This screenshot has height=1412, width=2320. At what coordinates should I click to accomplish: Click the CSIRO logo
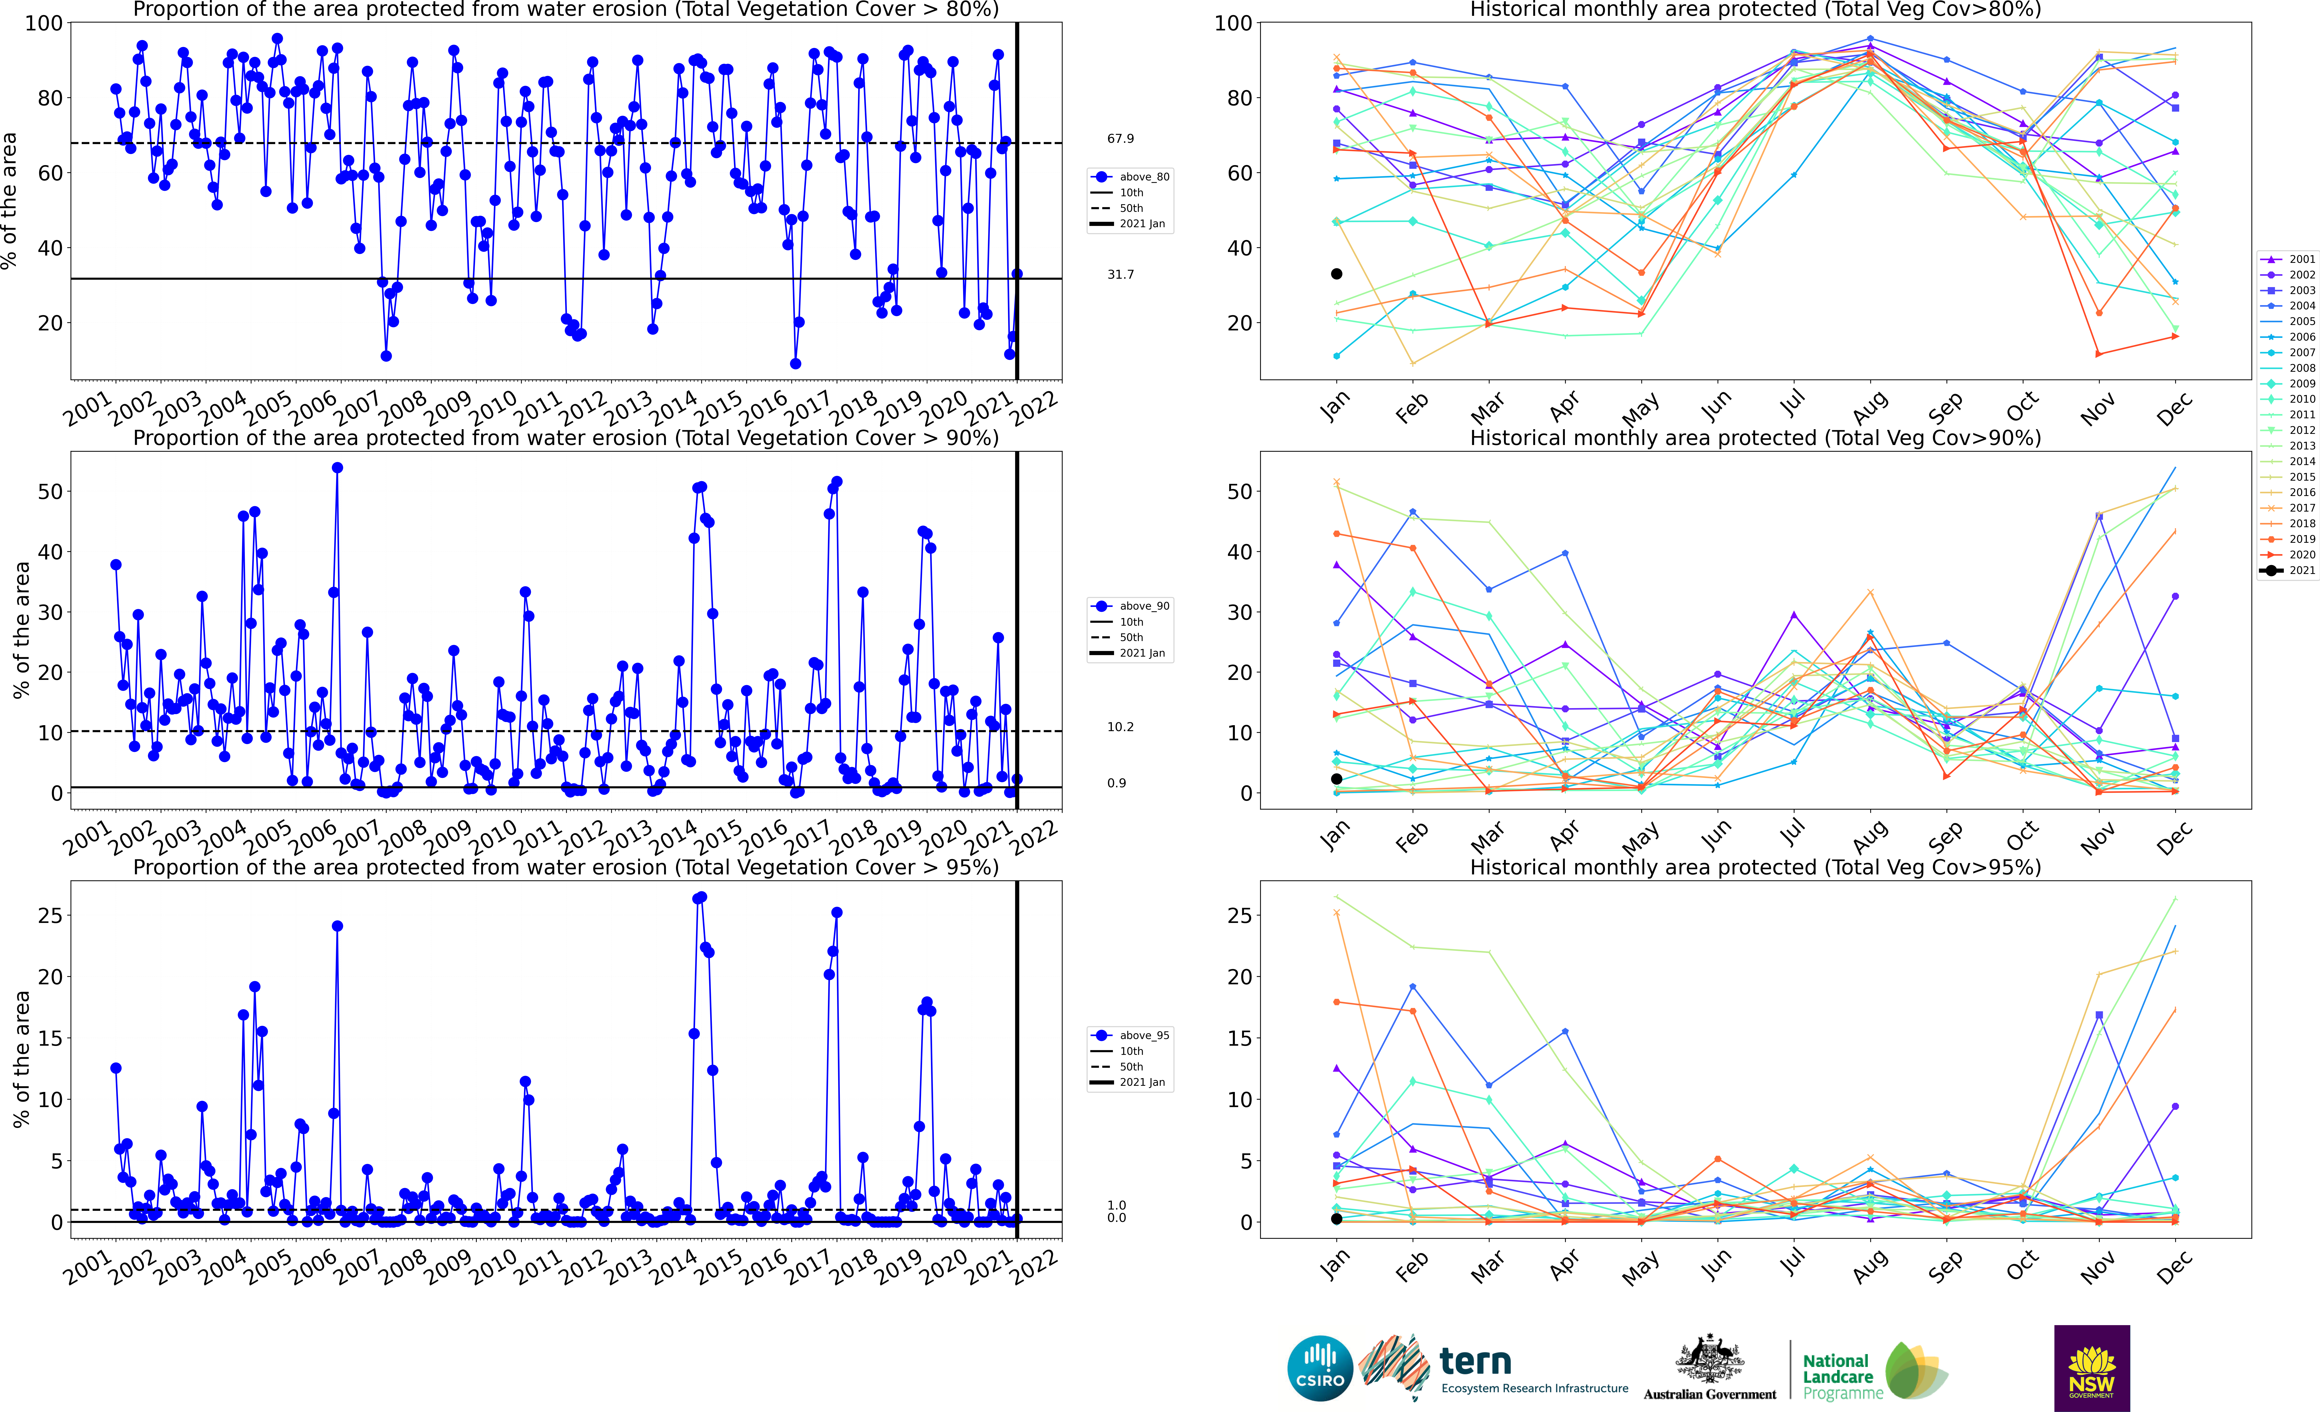tap(1320, 1368)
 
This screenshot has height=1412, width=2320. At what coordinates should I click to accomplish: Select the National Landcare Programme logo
tap(1874, 1371)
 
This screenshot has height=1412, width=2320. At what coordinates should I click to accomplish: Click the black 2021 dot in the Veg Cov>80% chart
tap(1336, 274)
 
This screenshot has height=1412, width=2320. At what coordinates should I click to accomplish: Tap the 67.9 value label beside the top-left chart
tap(1121, 138)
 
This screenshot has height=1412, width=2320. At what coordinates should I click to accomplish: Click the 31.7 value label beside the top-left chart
tap(1121, 275)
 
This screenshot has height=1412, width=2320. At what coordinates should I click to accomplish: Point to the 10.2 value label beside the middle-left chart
tap(1121, 727)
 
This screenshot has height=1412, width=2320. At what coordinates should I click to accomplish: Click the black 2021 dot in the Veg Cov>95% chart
tap(1336, 1219)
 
